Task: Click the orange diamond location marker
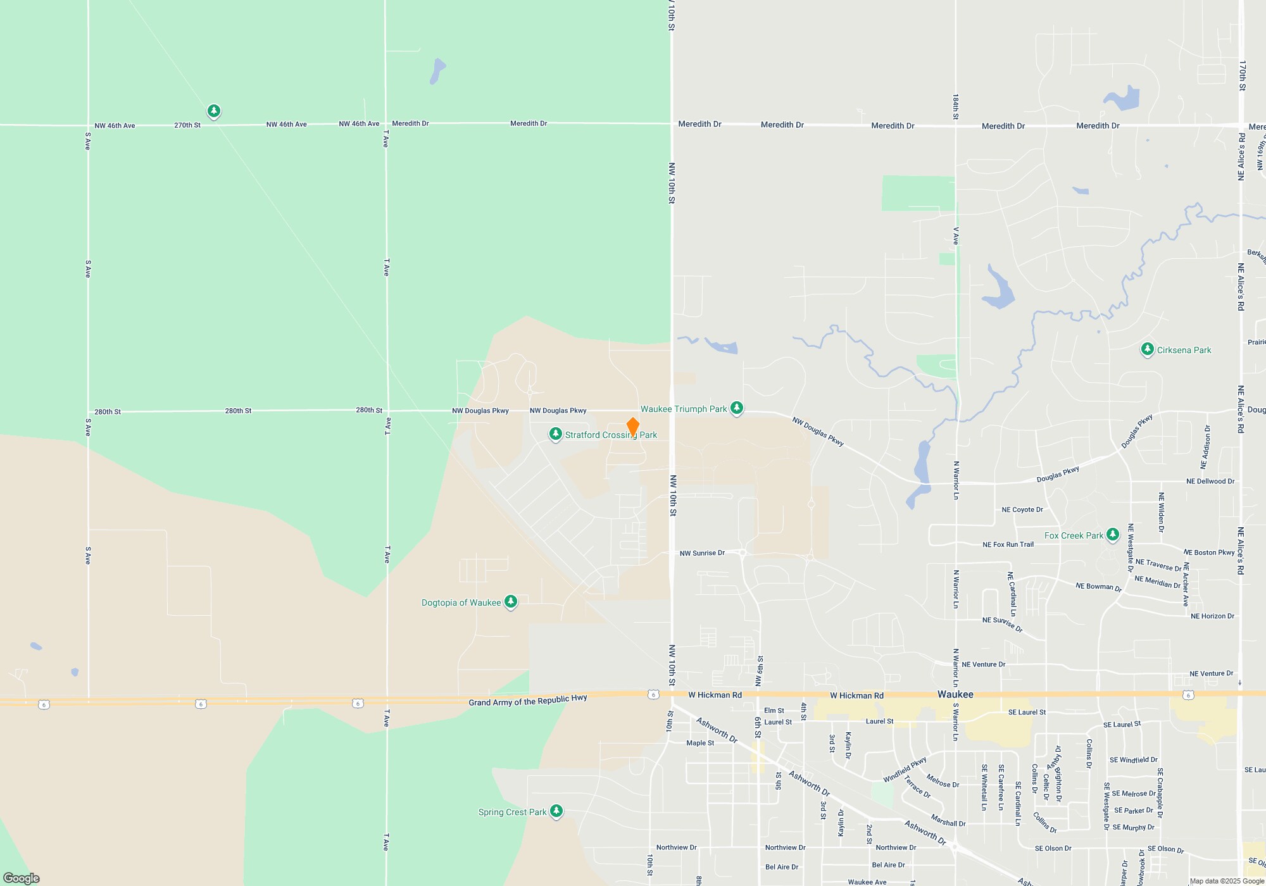click(632, 427)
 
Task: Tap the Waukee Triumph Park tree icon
click(736, 408)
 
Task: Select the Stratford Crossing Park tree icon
click(555, 434)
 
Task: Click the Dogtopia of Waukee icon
click(511, 602)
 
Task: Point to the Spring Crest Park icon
click(556, 811)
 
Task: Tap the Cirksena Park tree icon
click(1147, 349)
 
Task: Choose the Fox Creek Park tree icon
click(1112, 535)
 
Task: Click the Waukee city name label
click(955, 694)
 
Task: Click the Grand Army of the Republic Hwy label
click(528, 700)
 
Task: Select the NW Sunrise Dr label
click(702, 553)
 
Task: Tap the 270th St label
click(187, 125)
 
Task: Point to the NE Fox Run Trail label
click(1008, 544)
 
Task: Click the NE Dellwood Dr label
click(1210, 481)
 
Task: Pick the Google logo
click(22, 878)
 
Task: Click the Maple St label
click(700, 743)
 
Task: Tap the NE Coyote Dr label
click(1022, 509)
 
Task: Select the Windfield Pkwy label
click(905, 769)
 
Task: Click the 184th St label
click(956, 107)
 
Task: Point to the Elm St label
click(774, 711)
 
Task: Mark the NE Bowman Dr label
click(1098, 587)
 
